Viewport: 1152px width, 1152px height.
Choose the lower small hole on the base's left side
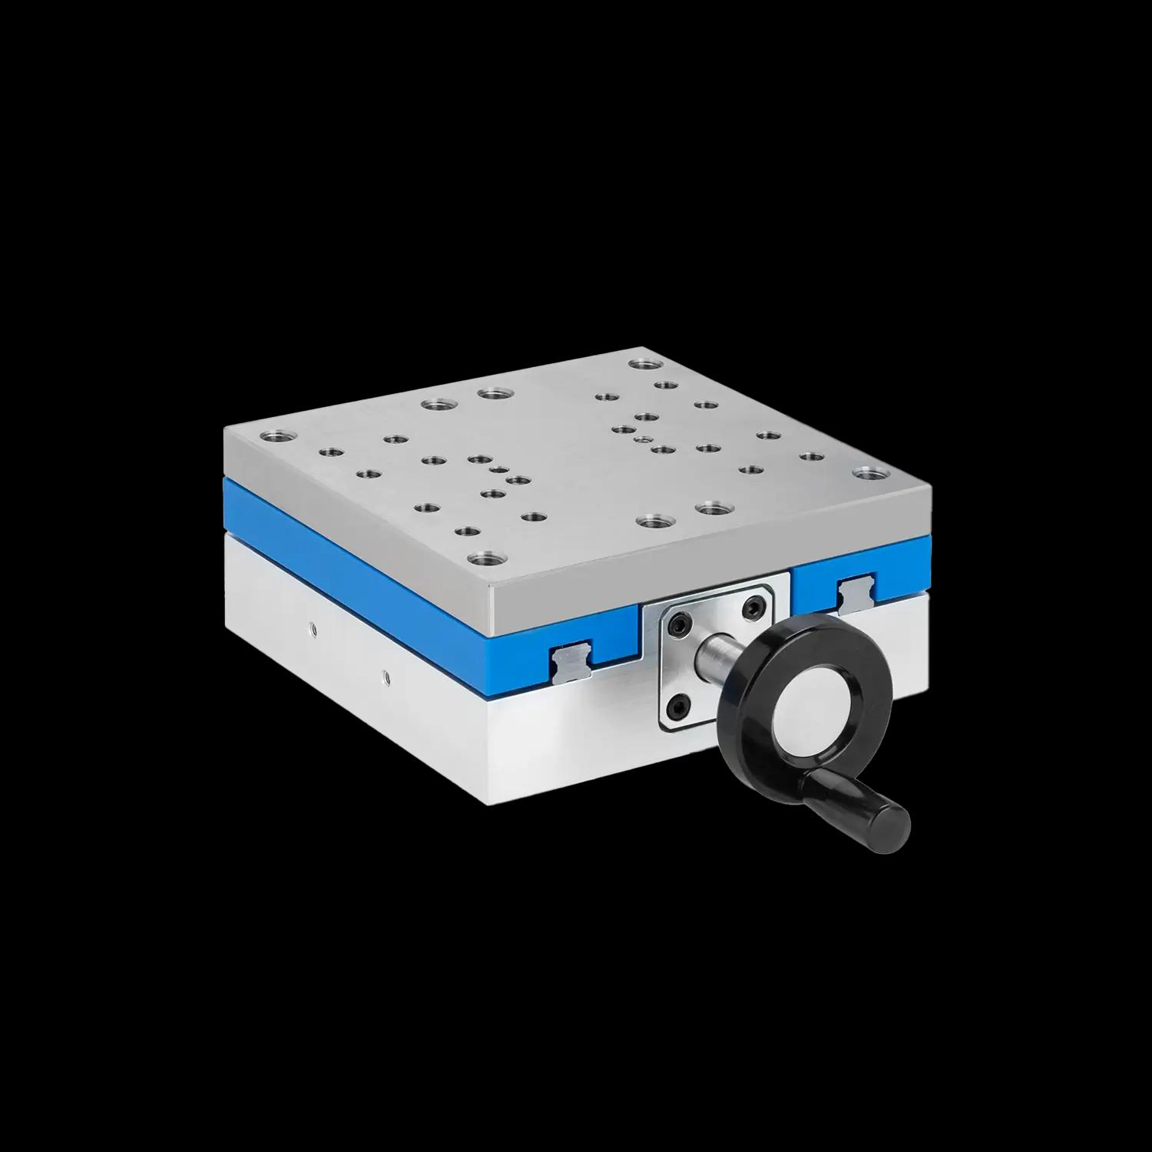(x=386, y=678)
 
